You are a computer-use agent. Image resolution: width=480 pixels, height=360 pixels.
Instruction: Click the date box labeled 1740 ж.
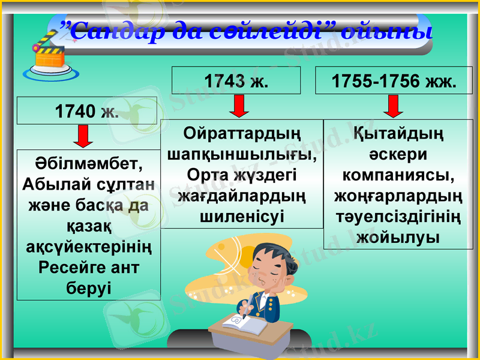pos(87,111)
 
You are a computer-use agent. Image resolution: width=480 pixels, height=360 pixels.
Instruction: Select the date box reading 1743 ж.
pos(236,80)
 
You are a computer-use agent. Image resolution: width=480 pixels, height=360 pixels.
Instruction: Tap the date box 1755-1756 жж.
pos(394,80)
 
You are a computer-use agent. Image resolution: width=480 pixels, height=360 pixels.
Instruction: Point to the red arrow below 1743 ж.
pos(239,106)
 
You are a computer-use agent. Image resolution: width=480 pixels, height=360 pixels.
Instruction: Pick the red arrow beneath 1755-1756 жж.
pos(394,106)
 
